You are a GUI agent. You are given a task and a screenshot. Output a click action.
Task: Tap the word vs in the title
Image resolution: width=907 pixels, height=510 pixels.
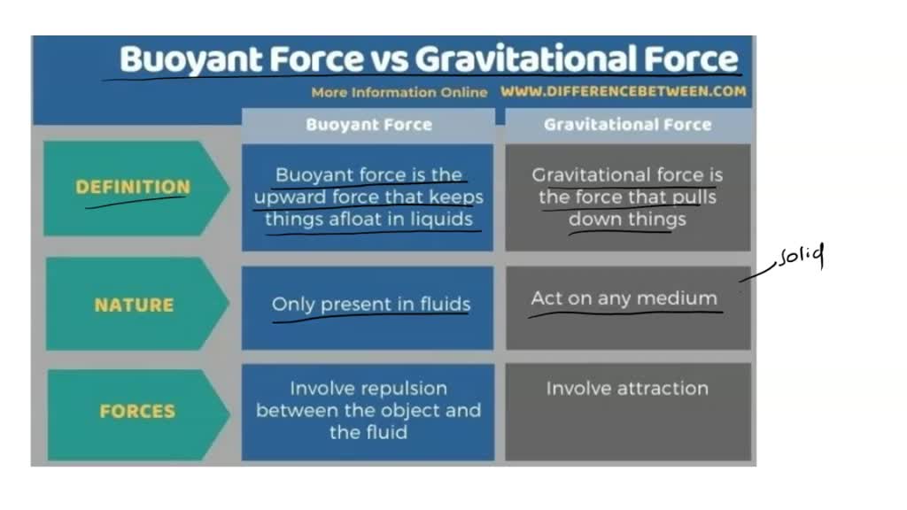coord(389,59)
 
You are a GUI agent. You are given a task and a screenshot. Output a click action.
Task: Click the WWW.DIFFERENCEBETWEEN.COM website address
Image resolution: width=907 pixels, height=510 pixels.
coord(623,91)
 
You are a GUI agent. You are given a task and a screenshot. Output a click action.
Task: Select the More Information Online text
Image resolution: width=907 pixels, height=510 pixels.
coord(399,92)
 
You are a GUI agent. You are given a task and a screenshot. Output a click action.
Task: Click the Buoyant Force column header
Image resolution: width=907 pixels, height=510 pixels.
coord(368,125)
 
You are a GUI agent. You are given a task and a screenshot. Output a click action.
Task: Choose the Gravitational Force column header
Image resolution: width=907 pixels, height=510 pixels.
coord(627,125)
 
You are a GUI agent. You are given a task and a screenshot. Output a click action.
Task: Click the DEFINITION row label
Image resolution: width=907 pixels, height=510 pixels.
coord(133,187)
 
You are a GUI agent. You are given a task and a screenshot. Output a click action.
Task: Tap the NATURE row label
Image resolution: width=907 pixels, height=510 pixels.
coord(134,305)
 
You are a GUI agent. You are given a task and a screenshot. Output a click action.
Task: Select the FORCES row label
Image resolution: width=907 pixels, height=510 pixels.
coord(137,412)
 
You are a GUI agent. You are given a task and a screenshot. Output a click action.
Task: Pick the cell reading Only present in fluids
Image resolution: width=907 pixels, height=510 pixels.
coord(370,305)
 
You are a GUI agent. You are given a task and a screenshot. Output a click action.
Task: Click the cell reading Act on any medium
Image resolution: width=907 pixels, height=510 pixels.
coord(624,298)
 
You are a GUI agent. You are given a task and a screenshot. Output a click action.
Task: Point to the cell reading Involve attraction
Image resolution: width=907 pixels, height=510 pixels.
coord(627,388)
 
